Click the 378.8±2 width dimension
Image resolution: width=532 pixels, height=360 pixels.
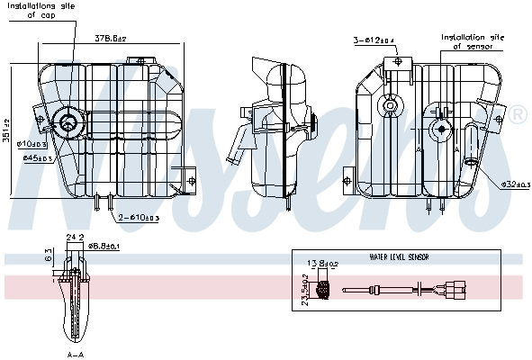click(109, 39)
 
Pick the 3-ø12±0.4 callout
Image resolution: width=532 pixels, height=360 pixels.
click(373, 40)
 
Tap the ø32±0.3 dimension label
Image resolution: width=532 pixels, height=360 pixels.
click(515, 185)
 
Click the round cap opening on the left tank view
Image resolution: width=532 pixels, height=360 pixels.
click(68, 121)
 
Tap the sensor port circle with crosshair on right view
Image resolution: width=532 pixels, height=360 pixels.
click(440, 129)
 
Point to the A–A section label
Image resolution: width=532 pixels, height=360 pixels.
click(77, 354)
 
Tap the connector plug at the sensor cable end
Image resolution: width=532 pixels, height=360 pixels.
click(450, 290)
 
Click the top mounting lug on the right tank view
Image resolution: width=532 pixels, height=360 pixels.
click(397, 62)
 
